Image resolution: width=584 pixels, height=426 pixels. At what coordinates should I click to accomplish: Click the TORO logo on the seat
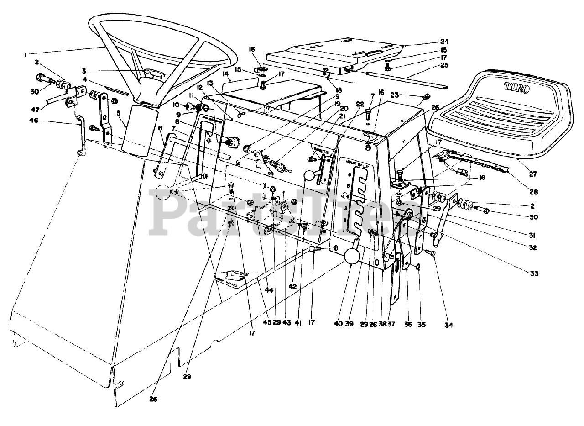click(516, 88)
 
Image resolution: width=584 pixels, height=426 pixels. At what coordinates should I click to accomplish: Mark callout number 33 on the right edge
click(534, 273)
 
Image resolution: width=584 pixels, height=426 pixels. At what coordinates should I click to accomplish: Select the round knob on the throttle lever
click(311, 176)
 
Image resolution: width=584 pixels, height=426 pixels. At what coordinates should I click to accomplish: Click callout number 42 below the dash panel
click(293, 286)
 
